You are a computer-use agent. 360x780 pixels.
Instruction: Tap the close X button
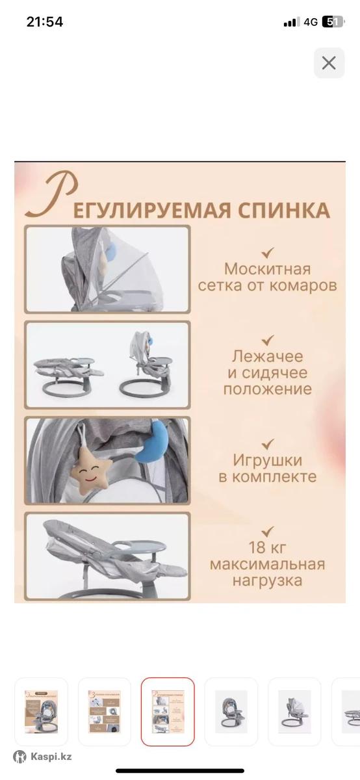coord(329,63)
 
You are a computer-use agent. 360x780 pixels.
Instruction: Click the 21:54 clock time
coord(45,22)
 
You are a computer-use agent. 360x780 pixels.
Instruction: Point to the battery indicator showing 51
coord(333,22)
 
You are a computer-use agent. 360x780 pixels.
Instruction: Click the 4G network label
coord(311,22)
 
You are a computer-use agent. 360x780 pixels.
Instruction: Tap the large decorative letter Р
coord(51,195)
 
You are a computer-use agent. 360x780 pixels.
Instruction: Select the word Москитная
coord(267,269)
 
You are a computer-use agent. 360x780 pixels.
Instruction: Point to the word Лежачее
coord(267,356)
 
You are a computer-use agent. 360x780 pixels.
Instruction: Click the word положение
coord(267,389)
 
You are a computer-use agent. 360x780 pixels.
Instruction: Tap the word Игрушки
coord(267,460)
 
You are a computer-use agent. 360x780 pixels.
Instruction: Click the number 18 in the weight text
coord(257,547)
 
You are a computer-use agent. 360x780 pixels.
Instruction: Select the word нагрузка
coord(267,581)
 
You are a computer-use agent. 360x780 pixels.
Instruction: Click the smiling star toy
coord(91,470)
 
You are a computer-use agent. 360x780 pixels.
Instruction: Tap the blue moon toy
coord(153,441)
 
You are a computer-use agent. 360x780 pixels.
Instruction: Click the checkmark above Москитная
coord(268,252)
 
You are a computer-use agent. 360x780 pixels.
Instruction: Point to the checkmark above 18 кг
coord(268,531)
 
